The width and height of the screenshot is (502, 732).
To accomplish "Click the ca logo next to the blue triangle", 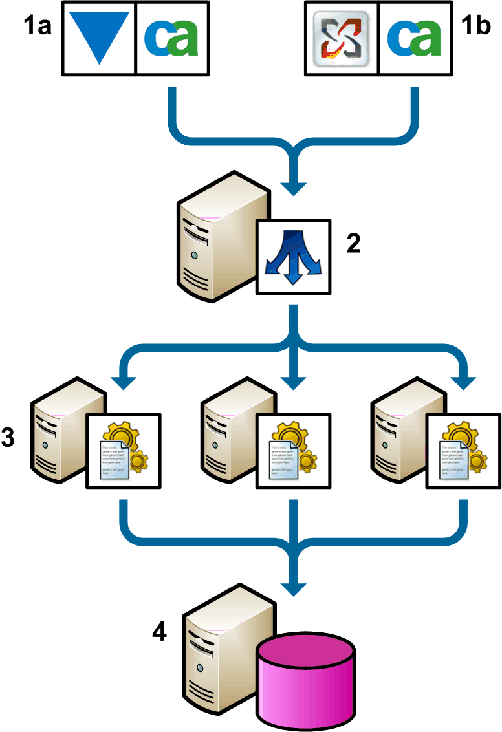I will click(x=171, y=38).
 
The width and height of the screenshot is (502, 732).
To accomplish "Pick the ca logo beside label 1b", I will click(x=414, y=38).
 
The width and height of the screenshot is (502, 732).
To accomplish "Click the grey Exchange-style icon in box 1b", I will click(x=340, y=38).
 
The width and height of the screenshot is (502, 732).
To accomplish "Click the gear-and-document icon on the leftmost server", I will click(x=124, y=450).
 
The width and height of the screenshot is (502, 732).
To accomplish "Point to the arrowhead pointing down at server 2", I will click(x=294, y=188).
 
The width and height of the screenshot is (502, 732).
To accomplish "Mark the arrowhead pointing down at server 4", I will click(x=294, y=587).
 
